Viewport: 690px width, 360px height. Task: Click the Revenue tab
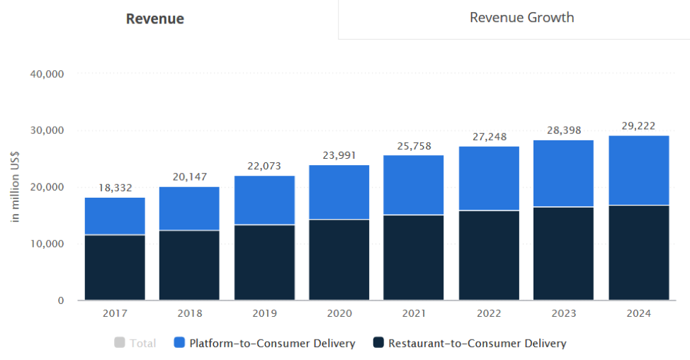coord(154,19)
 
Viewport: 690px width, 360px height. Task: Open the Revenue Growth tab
coord(521,18)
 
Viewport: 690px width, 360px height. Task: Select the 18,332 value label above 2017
coord(115,188)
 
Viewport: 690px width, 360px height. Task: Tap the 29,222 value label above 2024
coord(638,125)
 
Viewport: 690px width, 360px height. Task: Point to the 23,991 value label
coord(339,155)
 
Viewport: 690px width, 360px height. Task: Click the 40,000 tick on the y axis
coord(47,74)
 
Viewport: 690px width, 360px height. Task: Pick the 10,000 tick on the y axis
coord(47,244)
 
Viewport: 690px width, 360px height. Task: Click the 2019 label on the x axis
coord(264,313)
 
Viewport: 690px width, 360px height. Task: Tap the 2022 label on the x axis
coord(488,313)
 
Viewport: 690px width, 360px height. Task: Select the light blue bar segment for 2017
coord(115,215)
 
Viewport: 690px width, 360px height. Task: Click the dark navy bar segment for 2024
coord(638,252)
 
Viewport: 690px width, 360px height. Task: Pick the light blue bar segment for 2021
coord(414,185)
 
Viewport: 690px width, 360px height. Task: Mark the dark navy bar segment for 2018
coord(189,265)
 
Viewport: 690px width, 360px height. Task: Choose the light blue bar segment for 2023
coord(564,174)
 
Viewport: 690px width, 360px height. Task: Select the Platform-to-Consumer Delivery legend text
coord(272,344)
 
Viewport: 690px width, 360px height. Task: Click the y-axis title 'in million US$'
coord(16,187)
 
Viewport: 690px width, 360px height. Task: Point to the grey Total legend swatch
coord(119,344)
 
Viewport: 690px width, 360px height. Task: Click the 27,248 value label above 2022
coord(488,137)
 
